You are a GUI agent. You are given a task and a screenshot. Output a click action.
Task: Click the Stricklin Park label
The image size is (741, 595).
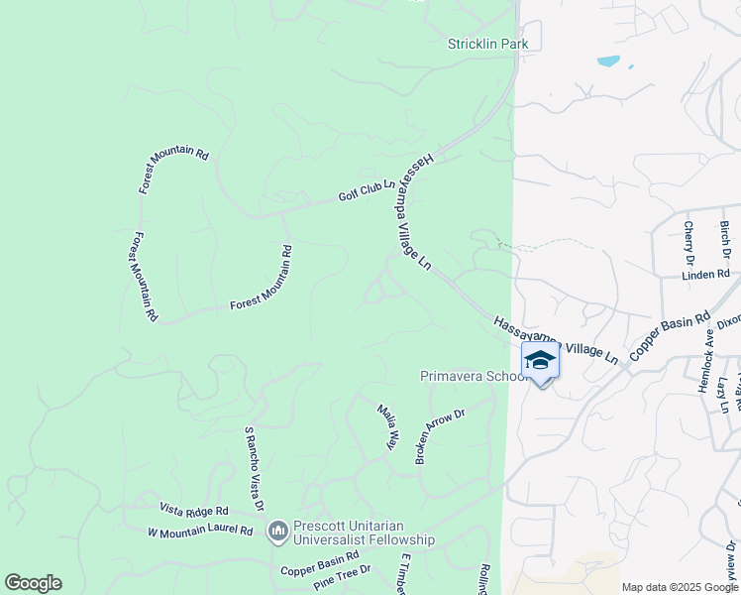coord(487,44)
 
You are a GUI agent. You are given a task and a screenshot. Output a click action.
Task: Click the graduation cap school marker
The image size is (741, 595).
coord(540,361)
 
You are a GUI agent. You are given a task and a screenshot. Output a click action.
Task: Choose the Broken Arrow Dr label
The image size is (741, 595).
coord(439,436)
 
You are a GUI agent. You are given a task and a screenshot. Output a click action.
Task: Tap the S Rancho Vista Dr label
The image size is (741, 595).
coord(254,469)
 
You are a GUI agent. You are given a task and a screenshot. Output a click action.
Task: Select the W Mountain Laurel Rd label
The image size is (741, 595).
coord(200,532)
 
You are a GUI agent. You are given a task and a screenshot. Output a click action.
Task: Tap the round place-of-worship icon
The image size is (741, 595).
coord(277,533)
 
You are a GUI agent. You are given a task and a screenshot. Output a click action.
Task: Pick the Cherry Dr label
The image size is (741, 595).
coord(688,243)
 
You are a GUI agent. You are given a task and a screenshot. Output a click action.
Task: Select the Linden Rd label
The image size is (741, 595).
coord(705,275)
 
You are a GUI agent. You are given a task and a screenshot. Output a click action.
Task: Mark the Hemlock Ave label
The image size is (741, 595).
coord(705,365)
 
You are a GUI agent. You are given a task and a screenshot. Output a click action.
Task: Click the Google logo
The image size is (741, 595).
coord(33,583)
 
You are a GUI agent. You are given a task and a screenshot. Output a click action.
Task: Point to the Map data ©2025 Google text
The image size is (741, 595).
coord(679,587)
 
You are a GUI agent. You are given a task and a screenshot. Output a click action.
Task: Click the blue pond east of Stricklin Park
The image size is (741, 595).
coord(608,61)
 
